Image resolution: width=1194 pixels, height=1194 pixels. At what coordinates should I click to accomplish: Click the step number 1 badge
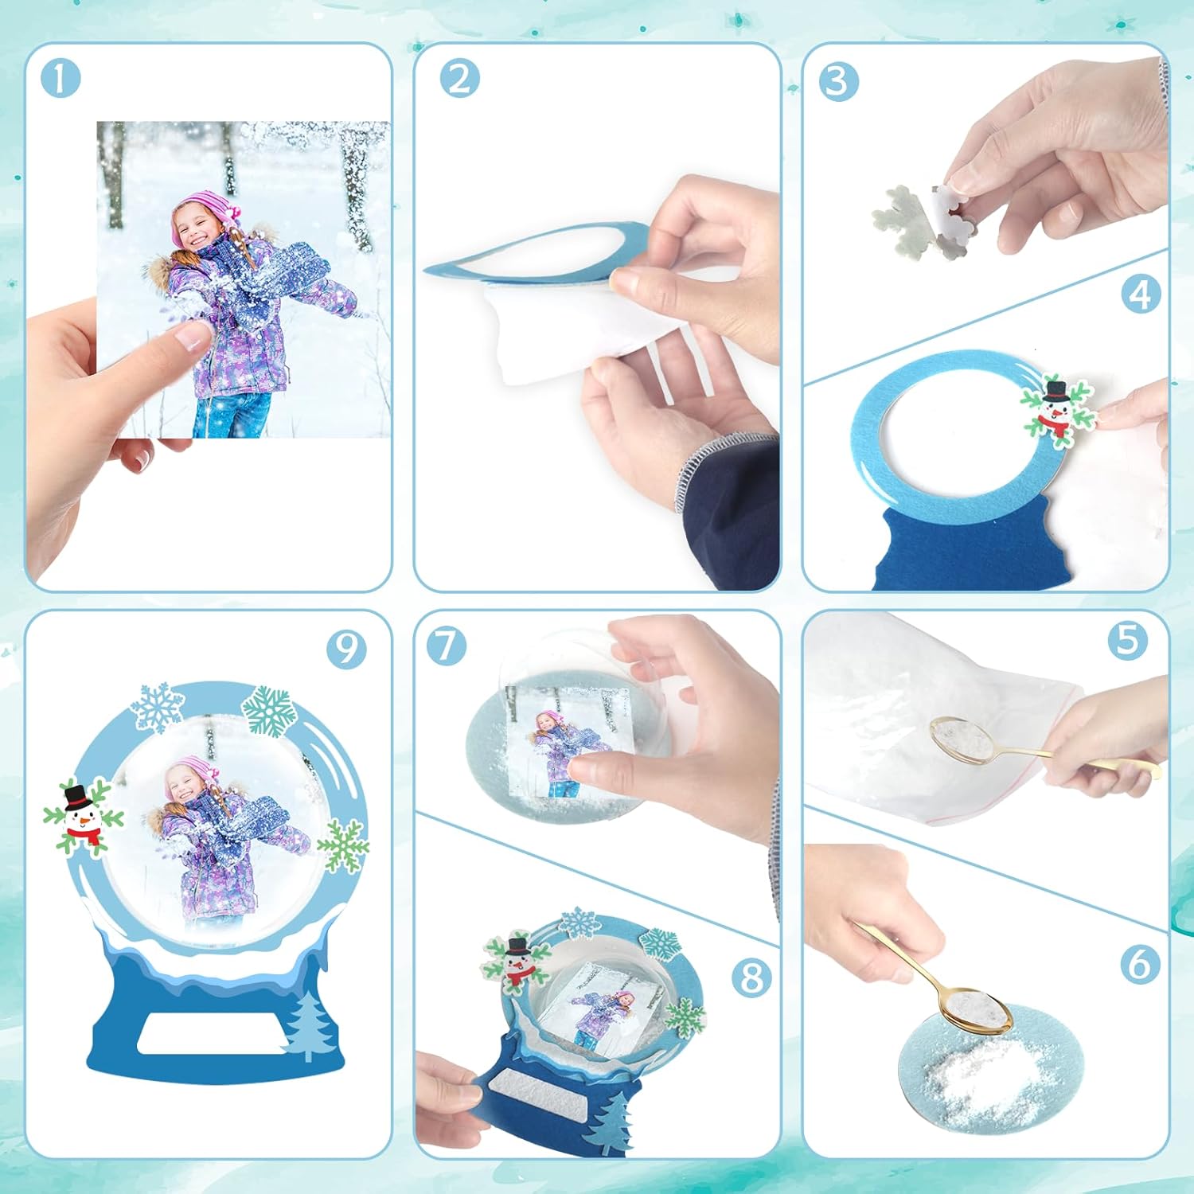[x=60, y=79]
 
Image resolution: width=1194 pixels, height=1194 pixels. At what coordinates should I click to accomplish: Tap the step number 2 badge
[x=459, y=79]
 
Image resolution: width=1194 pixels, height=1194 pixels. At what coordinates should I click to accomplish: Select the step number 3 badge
[x=838, y=83]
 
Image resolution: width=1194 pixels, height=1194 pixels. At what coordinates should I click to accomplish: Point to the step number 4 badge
[x=1141, y=295]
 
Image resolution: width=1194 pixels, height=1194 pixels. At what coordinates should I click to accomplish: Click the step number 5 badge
[x=1128, y=640]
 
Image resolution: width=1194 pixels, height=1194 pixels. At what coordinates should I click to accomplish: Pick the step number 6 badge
[x=1140, y=964]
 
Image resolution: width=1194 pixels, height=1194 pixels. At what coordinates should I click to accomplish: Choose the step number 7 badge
[x=446, y=646]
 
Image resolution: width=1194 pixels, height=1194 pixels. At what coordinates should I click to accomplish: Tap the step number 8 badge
[x=751, y=977]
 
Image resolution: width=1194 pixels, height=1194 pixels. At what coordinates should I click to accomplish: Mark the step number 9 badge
[x=346, y=649]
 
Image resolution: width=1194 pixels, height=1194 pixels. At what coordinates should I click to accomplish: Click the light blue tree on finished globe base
[x=308, y=1027]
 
